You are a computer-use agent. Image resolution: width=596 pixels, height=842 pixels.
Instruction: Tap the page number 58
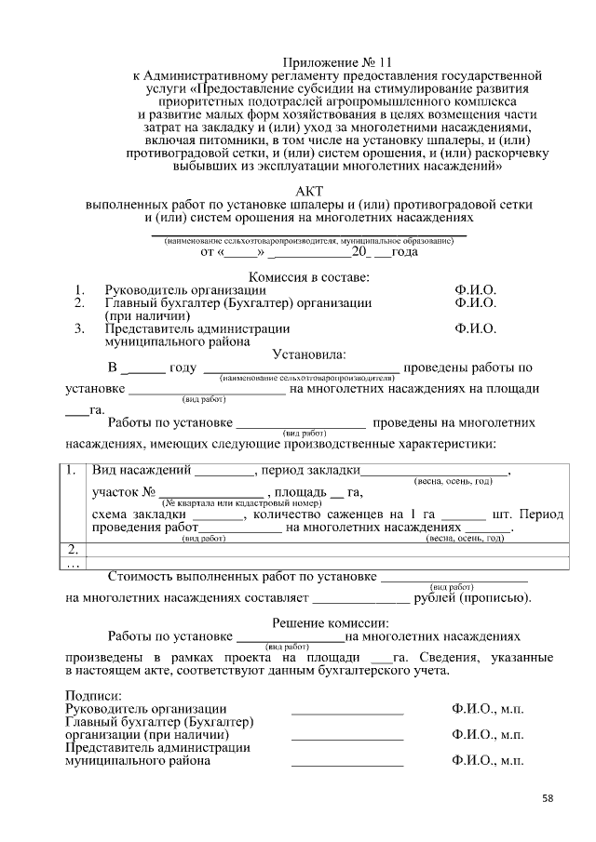pyautogui.click(x=548, y=798)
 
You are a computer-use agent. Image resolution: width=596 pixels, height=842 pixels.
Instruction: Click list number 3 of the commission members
pyautogui.click(x=80, y=328)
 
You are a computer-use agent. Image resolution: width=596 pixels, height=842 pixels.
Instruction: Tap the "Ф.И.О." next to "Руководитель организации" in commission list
pyautogui.click(x=475, y=290)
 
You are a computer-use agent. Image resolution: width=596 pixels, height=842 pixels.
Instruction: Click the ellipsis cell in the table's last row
pyautogui.click(x=73, y=562)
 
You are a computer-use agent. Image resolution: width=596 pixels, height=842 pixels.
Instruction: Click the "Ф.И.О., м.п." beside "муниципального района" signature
pyautogui.click(x=487, y=760)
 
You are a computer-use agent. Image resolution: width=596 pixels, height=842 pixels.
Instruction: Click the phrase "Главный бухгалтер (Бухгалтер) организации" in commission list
pyautogui.click(x=237, y=303)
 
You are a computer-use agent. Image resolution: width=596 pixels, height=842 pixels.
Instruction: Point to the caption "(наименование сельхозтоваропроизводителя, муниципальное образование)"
pyautogui.click(x=308, y=241)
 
